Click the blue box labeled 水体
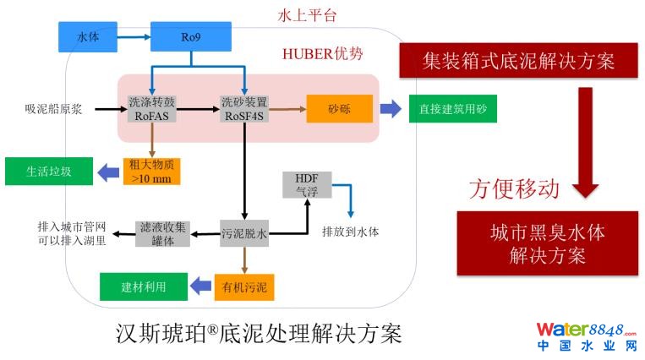(x=88, y=37)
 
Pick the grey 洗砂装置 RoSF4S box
(x=244, y=109)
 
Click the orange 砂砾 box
(x=339, y=109)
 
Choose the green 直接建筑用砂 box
(x=452, y=109)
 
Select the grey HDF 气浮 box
(x=306, y=184)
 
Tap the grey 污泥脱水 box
(x=244, y=232)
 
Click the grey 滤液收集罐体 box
(x=165, y=232)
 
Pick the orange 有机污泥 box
(x=244, y=287)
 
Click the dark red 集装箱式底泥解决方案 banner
(x=517, y=62)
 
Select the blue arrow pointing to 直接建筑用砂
(x=391, y=109)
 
